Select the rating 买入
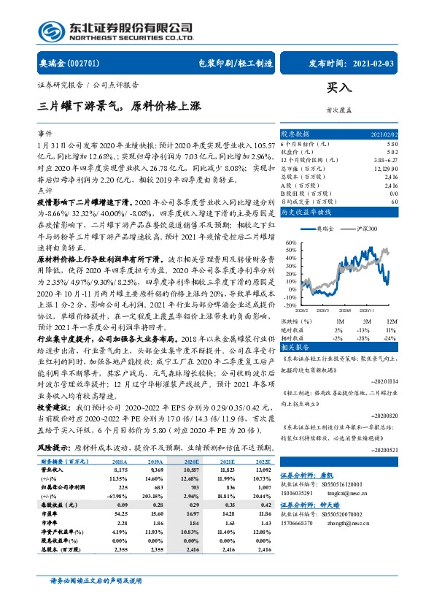pos(339,87)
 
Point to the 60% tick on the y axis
pos(290,242)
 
